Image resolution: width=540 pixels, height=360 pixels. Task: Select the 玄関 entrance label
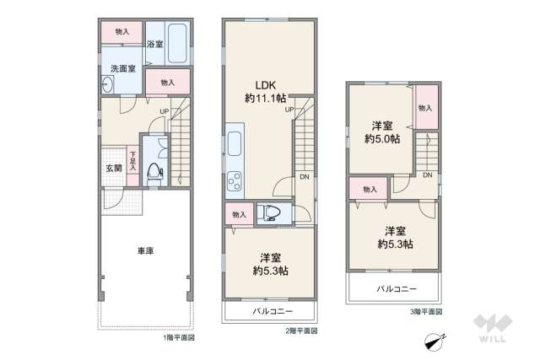(113, 167)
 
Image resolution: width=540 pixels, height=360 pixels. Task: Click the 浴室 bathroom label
(154, 44)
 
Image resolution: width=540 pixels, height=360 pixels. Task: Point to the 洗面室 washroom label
(117, 68)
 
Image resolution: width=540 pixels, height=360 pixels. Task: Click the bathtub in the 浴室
(177, 42)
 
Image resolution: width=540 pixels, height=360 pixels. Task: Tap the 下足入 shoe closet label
(132, 158)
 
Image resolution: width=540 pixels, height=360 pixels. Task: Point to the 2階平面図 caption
(301, 330)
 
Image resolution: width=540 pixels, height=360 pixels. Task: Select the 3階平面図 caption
(425, 311)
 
